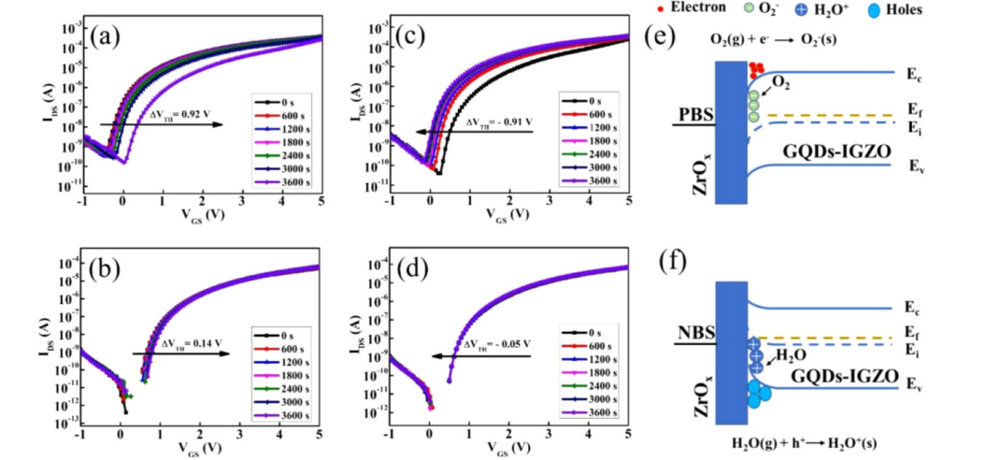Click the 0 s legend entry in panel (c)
tap(589, 98)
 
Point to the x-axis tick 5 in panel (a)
tap(321, 202)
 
